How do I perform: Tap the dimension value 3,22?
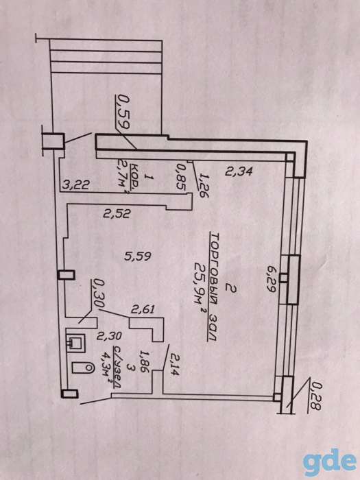[x=75, y=184]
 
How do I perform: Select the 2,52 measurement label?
[x=117, y=213]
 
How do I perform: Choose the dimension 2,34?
[x=239, y=171]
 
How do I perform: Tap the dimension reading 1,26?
[x=203, y=185]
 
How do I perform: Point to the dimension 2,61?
[x=143, y=310]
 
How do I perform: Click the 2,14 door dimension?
[x=175, y=365]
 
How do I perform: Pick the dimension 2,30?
[x=109, y=336]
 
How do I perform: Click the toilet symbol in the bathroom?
[x=83, y=367]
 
